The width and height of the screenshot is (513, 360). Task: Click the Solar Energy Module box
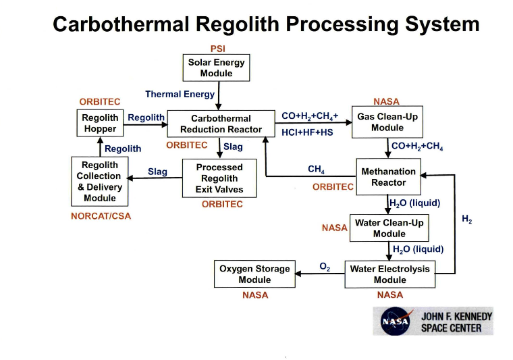click(x=216, y=68)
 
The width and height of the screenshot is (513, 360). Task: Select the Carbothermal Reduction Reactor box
click(x=221, y=124)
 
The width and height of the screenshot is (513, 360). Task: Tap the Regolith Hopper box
click(x=100, y=123)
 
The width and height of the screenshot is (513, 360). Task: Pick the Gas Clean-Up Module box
click(x=387, y=122)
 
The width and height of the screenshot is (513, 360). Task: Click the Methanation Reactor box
click(x=388, y=177)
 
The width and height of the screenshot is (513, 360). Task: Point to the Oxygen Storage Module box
click(x=254, y=274)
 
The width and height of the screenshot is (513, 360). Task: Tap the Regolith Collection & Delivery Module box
click(x=99, y=182)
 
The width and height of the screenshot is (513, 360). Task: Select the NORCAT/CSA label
click(x=101, y=217)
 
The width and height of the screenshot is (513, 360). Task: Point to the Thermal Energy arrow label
click(x=180, y=95)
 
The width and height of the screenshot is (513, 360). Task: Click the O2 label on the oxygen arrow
click(x=325, y=267)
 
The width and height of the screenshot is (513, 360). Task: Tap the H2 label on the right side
click(x=466, y=219)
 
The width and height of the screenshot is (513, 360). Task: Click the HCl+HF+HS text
click(x=307, y=132)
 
